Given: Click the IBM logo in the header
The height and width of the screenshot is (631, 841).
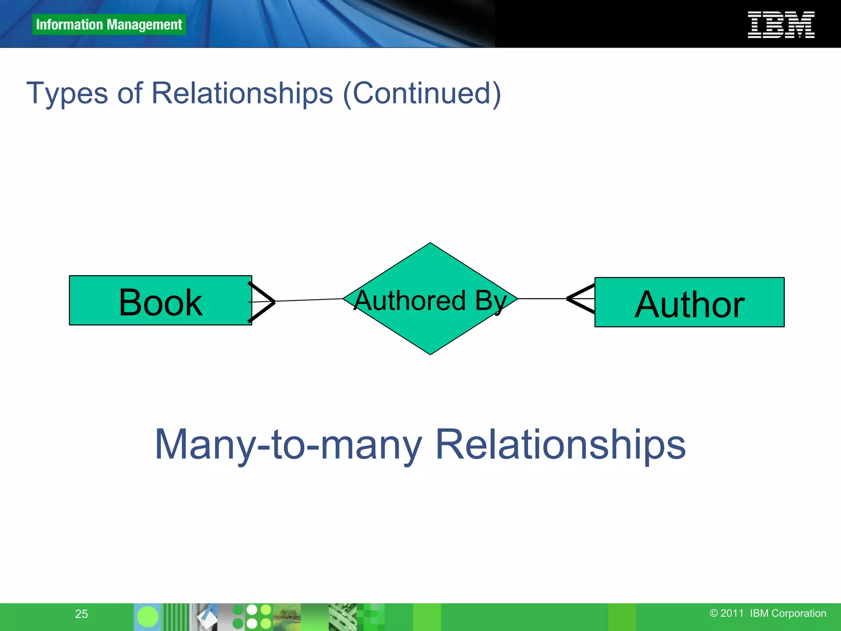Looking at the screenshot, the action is [781, 25].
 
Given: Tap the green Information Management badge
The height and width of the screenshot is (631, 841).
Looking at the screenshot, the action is [109, 25].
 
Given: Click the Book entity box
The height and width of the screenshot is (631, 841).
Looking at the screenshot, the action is [160, 301].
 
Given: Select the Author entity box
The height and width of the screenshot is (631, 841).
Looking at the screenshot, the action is [689, 303].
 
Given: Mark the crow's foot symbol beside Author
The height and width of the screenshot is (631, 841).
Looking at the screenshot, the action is [580, 299].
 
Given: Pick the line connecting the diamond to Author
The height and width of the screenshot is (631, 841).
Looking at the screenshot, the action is [542, 299].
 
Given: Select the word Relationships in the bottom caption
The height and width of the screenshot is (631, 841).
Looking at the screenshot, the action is [560, 445].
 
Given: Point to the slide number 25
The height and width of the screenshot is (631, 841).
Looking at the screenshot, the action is [81, 614].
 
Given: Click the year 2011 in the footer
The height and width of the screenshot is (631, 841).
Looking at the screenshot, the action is [732, 613].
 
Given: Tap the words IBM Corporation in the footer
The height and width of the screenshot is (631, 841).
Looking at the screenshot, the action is [788, 613].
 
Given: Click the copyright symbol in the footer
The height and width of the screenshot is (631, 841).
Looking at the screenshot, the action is [714, 613].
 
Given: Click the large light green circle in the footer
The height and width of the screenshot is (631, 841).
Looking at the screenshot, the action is [147, 617].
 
